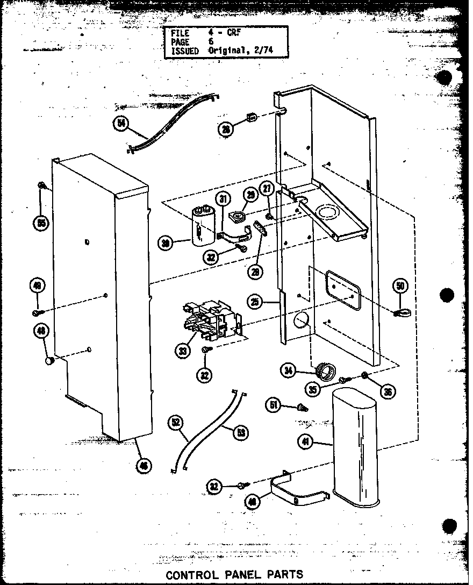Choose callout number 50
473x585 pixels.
point(400,286)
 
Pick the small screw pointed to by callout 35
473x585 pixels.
point(343,380)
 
